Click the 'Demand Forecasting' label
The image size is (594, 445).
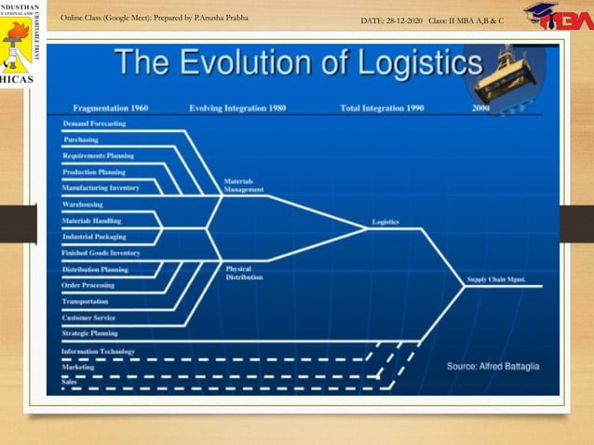tap(94, 124)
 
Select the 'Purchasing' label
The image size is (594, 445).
tap(81, 140)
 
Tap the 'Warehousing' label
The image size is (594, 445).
tap(83, 203)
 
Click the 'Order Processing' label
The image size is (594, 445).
tap(88, 286)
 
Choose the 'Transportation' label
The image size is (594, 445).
tap(86, 302)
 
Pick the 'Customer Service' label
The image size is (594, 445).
tap(89, 317)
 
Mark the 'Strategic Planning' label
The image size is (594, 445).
tap(90, 332)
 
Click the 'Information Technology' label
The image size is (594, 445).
tap(98, 352)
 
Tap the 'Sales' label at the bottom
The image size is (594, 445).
tap(69, 382)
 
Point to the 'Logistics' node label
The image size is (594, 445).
tap(385, 222)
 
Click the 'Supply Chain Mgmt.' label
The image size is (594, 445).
tap(495, 278)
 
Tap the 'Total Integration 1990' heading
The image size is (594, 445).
tap(382, 108)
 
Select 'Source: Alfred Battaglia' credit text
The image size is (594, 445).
tap(493, 366)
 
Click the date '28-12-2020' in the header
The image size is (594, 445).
tap(404, 20)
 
